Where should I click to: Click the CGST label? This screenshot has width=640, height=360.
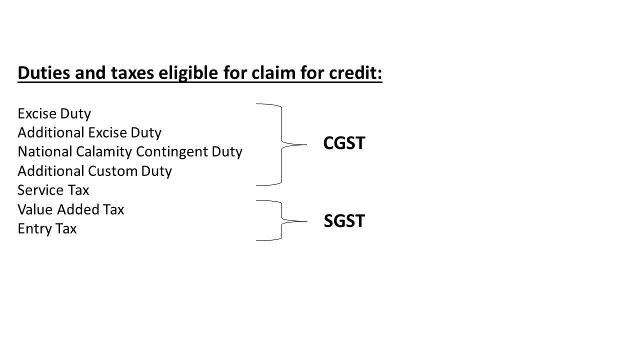coord(344,143)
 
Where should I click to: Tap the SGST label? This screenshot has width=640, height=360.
coord(344,221)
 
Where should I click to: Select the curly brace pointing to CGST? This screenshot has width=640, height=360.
coord(281,144)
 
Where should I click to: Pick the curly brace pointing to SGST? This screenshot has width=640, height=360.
coord(281,220)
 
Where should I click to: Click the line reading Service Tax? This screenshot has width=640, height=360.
coord(53,190)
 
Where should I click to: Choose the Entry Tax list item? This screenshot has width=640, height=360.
coord(47,228)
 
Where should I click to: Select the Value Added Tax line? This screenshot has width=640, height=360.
coord(70,209)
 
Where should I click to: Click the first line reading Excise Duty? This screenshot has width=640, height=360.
coord(54,113)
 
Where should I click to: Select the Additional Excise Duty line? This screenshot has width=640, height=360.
coord(89,132)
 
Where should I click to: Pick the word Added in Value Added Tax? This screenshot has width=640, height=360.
coord(75,209)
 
